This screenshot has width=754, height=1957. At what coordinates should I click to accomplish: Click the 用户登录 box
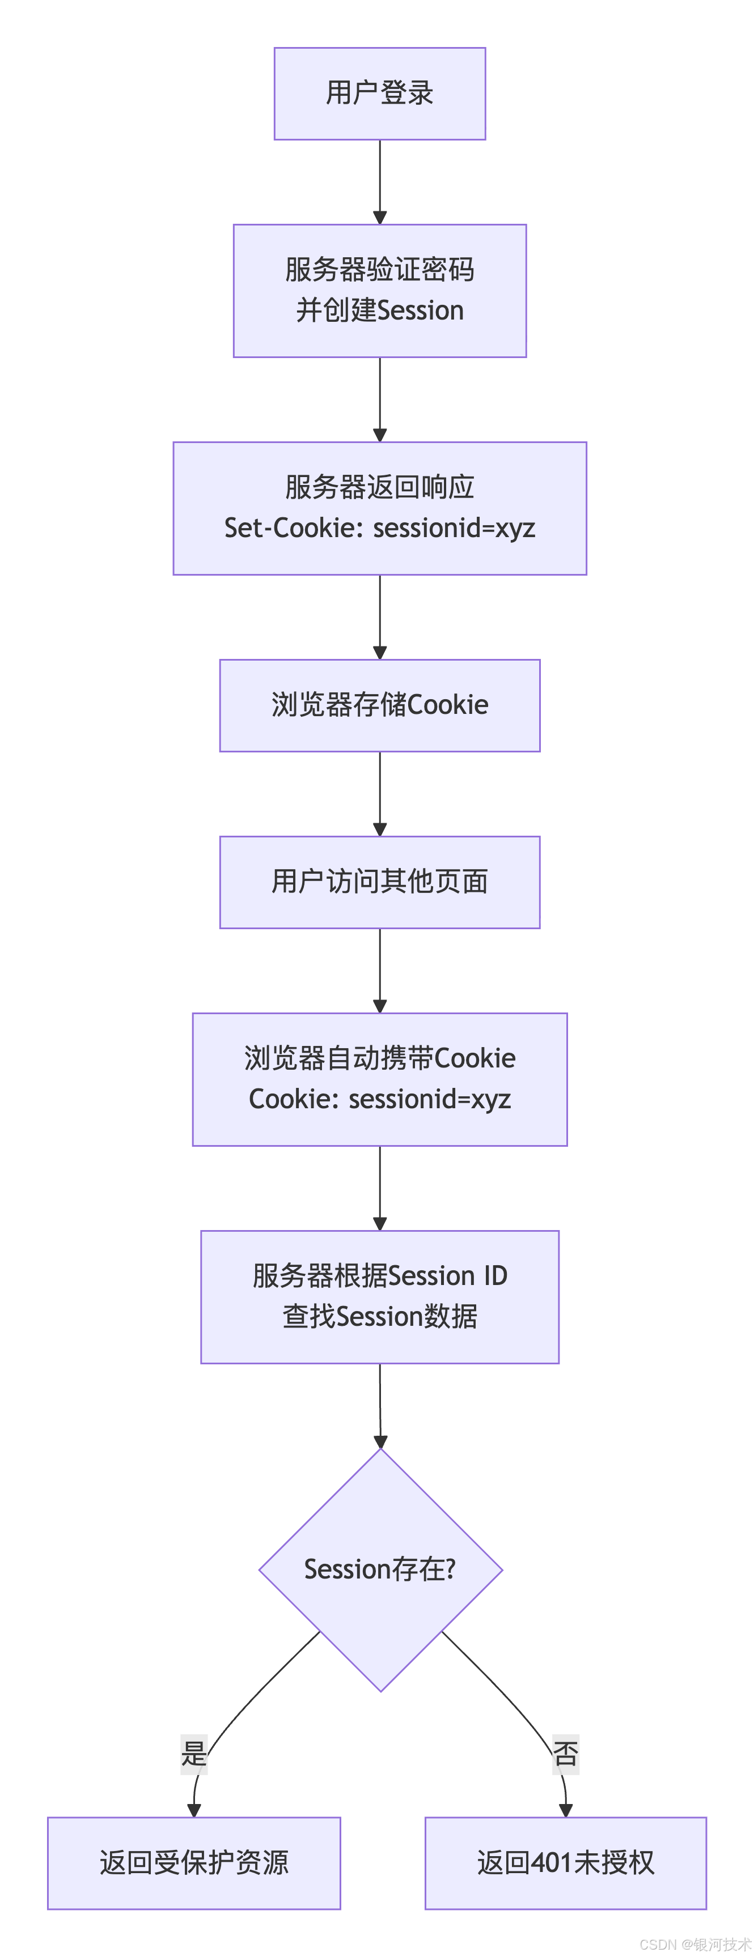379,93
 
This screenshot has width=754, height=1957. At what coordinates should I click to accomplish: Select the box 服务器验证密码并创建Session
379,290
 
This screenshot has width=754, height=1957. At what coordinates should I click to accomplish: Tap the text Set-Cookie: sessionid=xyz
379,528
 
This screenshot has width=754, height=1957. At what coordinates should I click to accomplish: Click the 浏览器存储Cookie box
379,705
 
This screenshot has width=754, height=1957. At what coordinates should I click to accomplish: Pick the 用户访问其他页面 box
379,882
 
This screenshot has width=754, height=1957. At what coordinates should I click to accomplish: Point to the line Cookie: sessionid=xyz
379,1099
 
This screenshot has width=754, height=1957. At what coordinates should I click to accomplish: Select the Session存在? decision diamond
380,1569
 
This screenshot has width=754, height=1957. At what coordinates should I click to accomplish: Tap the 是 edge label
194,1754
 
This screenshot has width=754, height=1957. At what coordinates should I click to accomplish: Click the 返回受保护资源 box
194,1863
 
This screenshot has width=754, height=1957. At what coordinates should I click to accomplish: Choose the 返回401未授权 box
566,1863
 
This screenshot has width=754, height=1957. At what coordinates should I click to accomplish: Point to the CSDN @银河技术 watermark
694,1944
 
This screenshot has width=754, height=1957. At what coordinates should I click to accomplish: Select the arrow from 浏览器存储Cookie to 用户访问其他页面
380,793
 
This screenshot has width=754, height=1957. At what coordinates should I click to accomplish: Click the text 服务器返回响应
379,487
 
